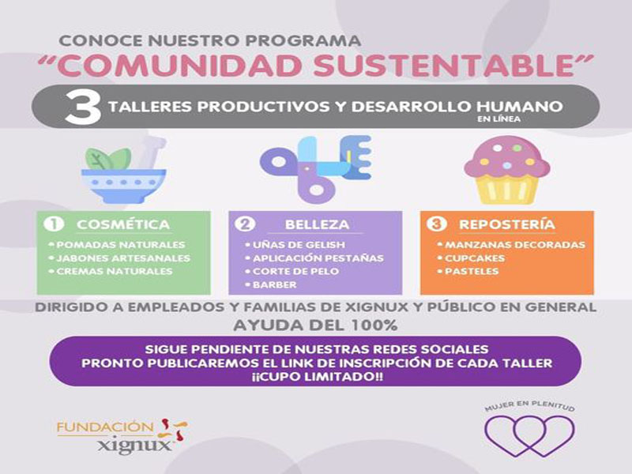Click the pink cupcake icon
click(x=507, y=170)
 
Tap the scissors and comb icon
click(x=315, y=169)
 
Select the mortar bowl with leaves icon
click(x=124, y=170)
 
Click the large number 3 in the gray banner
click(x=83, y=107)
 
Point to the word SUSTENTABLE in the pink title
click(x=444, y=65)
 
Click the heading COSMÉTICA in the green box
click(x=123, y=224)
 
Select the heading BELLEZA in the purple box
click(x=318, y=224)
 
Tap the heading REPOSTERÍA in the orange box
click(x=507, y=224)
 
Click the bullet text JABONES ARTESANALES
click(x=123, y=258)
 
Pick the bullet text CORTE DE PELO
click(x=295, y=271)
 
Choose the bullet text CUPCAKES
click(x=475, y=258)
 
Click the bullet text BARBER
click(x=274, y=284)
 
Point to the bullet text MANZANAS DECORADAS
click(x=515, y=245)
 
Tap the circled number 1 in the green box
click(x=54, y=224)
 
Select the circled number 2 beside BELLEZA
click(x=246, y=224)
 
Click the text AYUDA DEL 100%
click(x=315, y=325)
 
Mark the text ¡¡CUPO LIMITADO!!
click(x=317, y=377)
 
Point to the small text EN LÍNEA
click(x=498, y=119)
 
